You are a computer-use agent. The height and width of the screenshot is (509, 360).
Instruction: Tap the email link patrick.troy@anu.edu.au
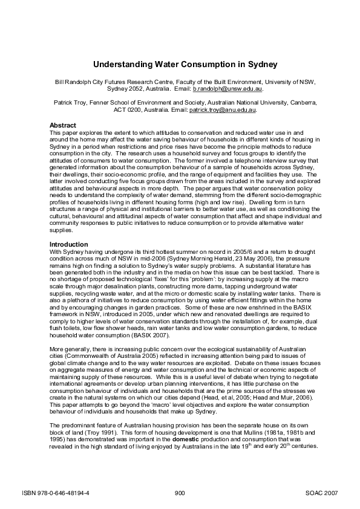222,111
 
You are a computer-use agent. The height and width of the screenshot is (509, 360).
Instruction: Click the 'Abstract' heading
62,125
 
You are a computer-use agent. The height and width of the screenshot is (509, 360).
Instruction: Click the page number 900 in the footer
180,493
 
